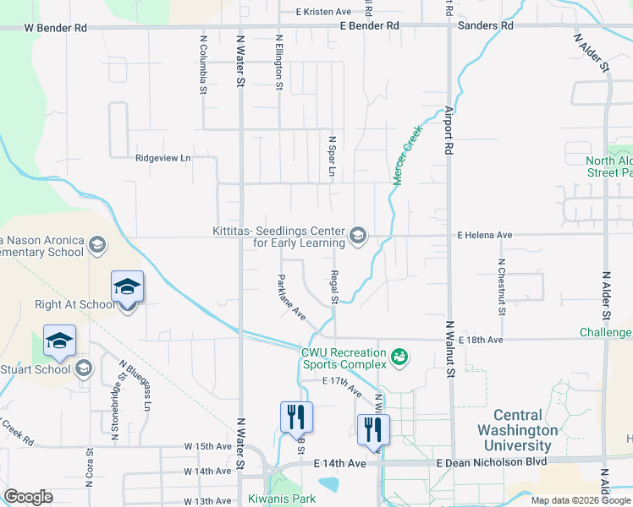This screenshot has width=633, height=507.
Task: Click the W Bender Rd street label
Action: [55, 28]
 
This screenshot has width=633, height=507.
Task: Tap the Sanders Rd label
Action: [485, 26]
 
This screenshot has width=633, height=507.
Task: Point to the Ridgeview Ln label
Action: [163, 158]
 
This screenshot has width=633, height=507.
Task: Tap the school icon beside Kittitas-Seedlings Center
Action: [358, 236]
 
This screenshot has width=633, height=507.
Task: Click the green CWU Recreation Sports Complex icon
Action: [399, 357]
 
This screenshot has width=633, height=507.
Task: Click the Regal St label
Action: [335, 288]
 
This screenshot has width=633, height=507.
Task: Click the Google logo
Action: [29, 497]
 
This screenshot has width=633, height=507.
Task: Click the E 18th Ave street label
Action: [484, 340]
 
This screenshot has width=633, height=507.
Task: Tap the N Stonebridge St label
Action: [113, 410]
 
